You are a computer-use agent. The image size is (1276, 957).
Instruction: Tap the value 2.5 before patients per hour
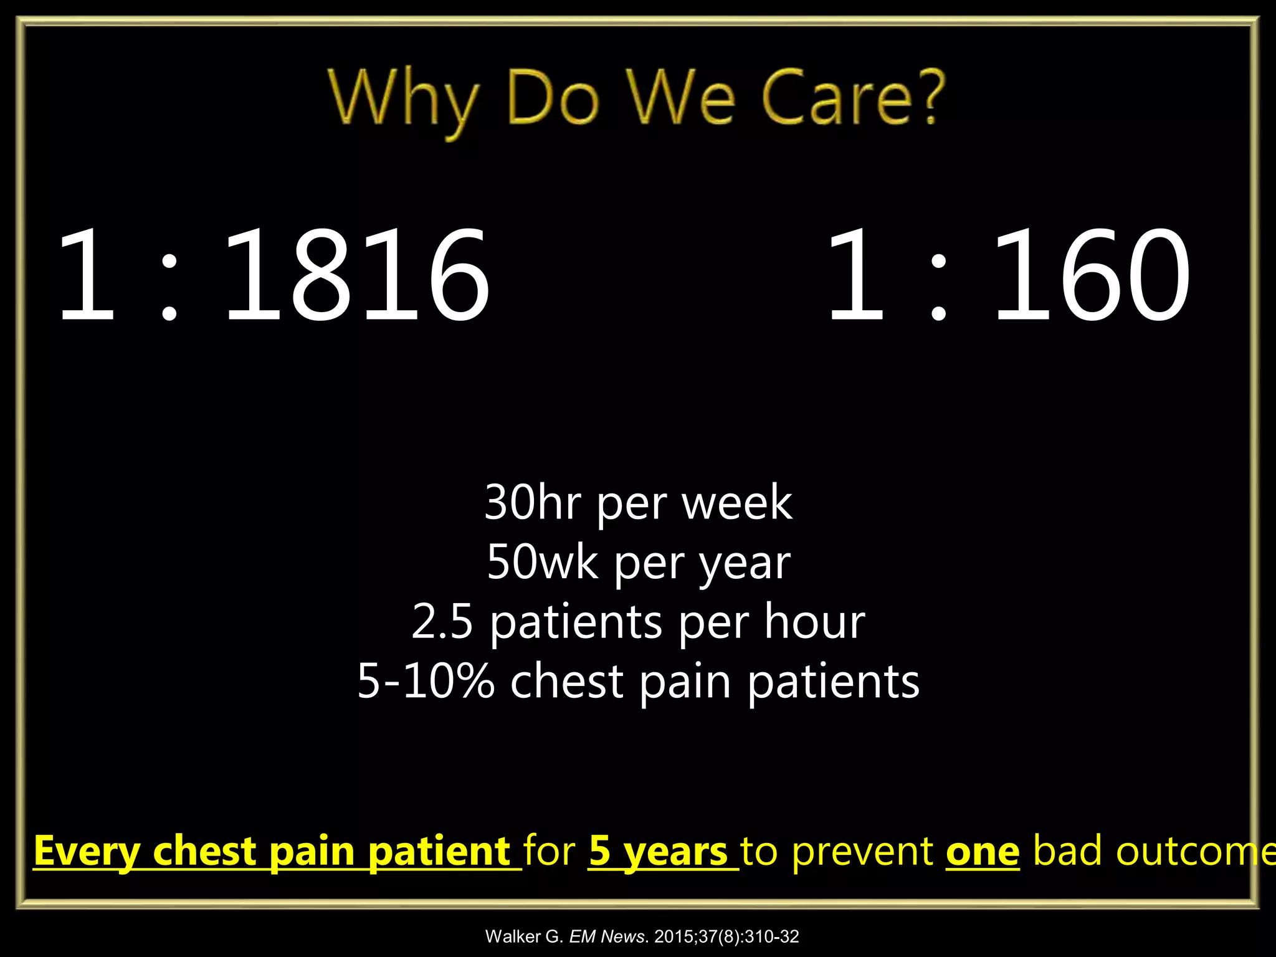442,621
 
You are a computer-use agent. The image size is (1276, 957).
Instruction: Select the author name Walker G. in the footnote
524,936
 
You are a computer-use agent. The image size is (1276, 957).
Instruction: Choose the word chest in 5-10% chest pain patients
567,680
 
